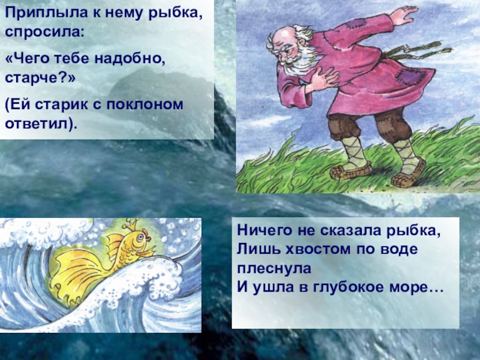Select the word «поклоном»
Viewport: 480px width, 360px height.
coord(145,104)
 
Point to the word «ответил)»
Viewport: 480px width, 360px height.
coord(40,124)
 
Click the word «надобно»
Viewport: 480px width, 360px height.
coord(130,58)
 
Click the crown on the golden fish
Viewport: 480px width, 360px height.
coord(131,226)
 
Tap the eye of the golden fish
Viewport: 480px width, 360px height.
coord(140,236)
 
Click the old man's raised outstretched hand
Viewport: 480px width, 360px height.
coord(403,16)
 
